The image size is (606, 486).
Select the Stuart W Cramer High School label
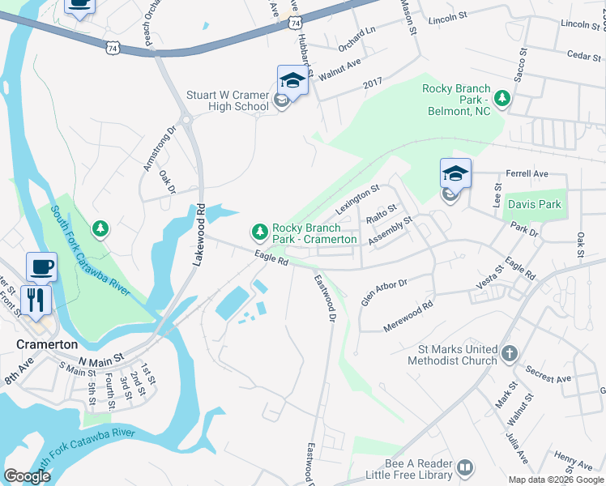tap(227, 100)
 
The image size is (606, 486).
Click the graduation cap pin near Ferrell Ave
tap(455, 173)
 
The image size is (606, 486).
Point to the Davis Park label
tap(534, 204)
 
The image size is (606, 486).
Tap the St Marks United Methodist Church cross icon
tap(509, 353)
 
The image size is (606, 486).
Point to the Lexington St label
tap(357, 198)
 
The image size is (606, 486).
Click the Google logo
tap(27, 476)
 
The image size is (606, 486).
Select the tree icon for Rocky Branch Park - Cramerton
tap(260, 232)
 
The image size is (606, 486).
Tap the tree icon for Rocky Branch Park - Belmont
tap(502, 98)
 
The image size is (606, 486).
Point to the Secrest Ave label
tap(547, 373)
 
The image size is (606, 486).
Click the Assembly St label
tap(390, 230)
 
